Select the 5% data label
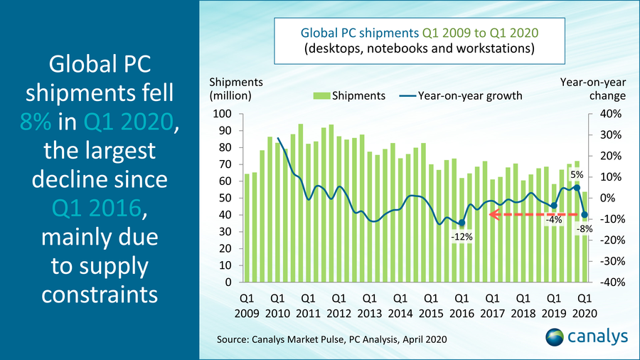tap(576, 174)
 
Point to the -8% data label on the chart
tap(584, 228)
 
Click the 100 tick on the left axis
tap(223, 114)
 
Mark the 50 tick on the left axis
tap(225, 198)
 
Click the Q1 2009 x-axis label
tap(247, 305)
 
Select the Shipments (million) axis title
tap(235, 89)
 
